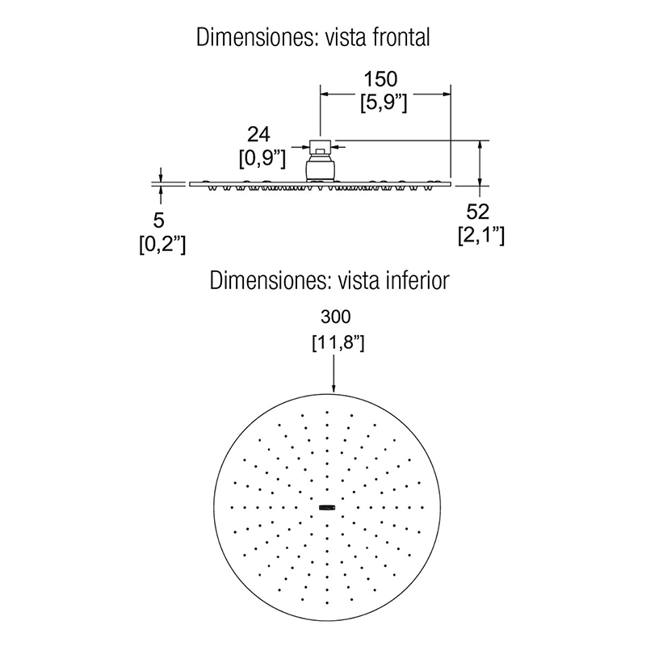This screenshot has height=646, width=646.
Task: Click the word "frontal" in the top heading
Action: (x=401, y=37)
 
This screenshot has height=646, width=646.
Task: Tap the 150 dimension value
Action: (x=380, y=79)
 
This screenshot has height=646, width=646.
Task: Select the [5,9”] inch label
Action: (x=384, y=103)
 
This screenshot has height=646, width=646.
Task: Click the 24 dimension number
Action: (x=258, y=134)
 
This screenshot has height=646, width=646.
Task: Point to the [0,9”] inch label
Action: (x=262, y=158)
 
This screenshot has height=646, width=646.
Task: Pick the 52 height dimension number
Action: (x=477, y=212)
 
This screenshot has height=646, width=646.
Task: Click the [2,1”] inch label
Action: (x=481, y=236)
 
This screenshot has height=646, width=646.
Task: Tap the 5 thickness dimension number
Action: (x=158, y=220)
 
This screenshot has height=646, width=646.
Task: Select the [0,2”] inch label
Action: (x=162, y=245)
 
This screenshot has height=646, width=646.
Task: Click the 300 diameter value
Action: (x=336, y=317)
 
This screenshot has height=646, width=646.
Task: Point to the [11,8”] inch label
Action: (x=338, y=342)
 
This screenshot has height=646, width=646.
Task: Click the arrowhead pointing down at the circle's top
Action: (x=333, y=387)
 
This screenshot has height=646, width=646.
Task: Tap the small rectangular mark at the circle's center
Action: (x=328, y=508)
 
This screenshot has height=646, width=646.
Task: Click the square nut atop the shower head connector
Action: (x=320, y=145)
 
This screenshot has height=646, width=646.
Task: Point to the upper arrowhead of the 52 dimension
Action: (x=480, y=146)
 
